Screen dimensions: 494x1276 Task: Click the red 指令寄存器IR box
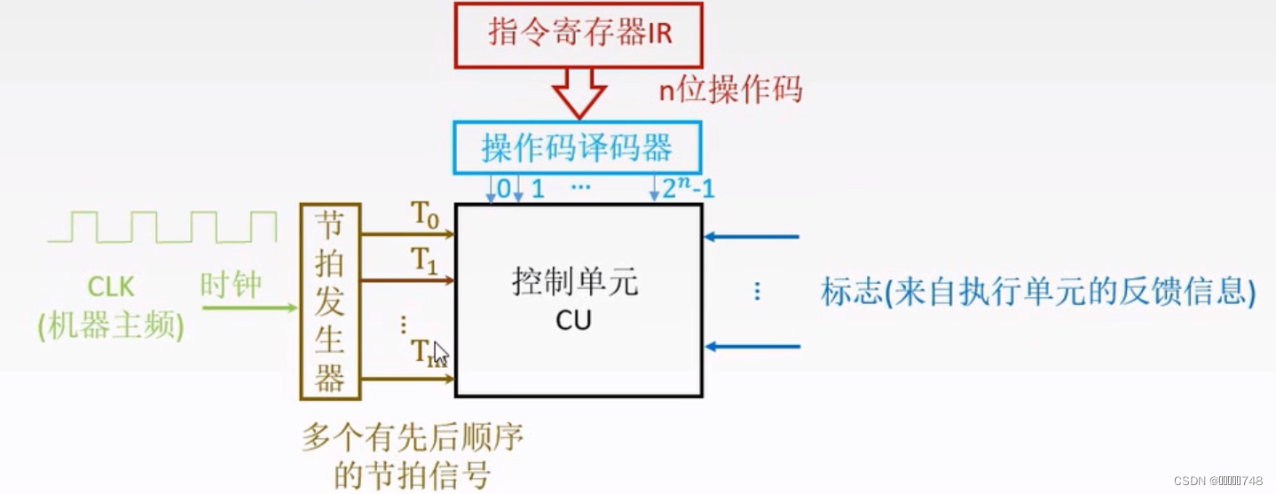point(579,34)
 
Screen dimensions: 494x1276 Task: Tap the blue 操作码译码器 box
point(577,146)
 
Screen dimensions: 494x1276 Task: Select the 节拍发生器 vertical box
point(330,302)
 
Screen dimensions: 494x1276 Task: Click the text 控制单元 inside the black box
point(575,283)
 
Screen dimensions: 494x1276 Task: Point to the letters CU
point(573,320)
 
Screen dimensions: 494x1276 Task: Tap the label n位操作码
point(729,90)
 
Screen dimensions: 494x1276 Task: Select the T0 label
point(424,216)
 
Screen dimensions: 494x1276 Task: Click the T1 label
point(424,261)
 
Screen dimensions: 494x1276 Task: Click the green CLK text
point(110,286)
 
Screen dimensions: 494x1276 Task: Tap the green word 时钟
point(231,286)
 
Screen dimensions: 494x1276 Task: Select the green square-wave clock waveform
point(162,226)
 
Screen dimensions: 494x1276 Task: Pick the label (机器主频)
point(111,327)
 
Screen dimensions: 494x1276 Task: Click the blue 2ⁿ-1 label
point(689,187)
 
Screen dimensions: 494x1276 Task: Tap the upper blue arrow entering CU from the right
point(752,237)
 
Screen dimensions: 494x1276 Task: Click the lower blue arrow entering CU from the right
point(752,347)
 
